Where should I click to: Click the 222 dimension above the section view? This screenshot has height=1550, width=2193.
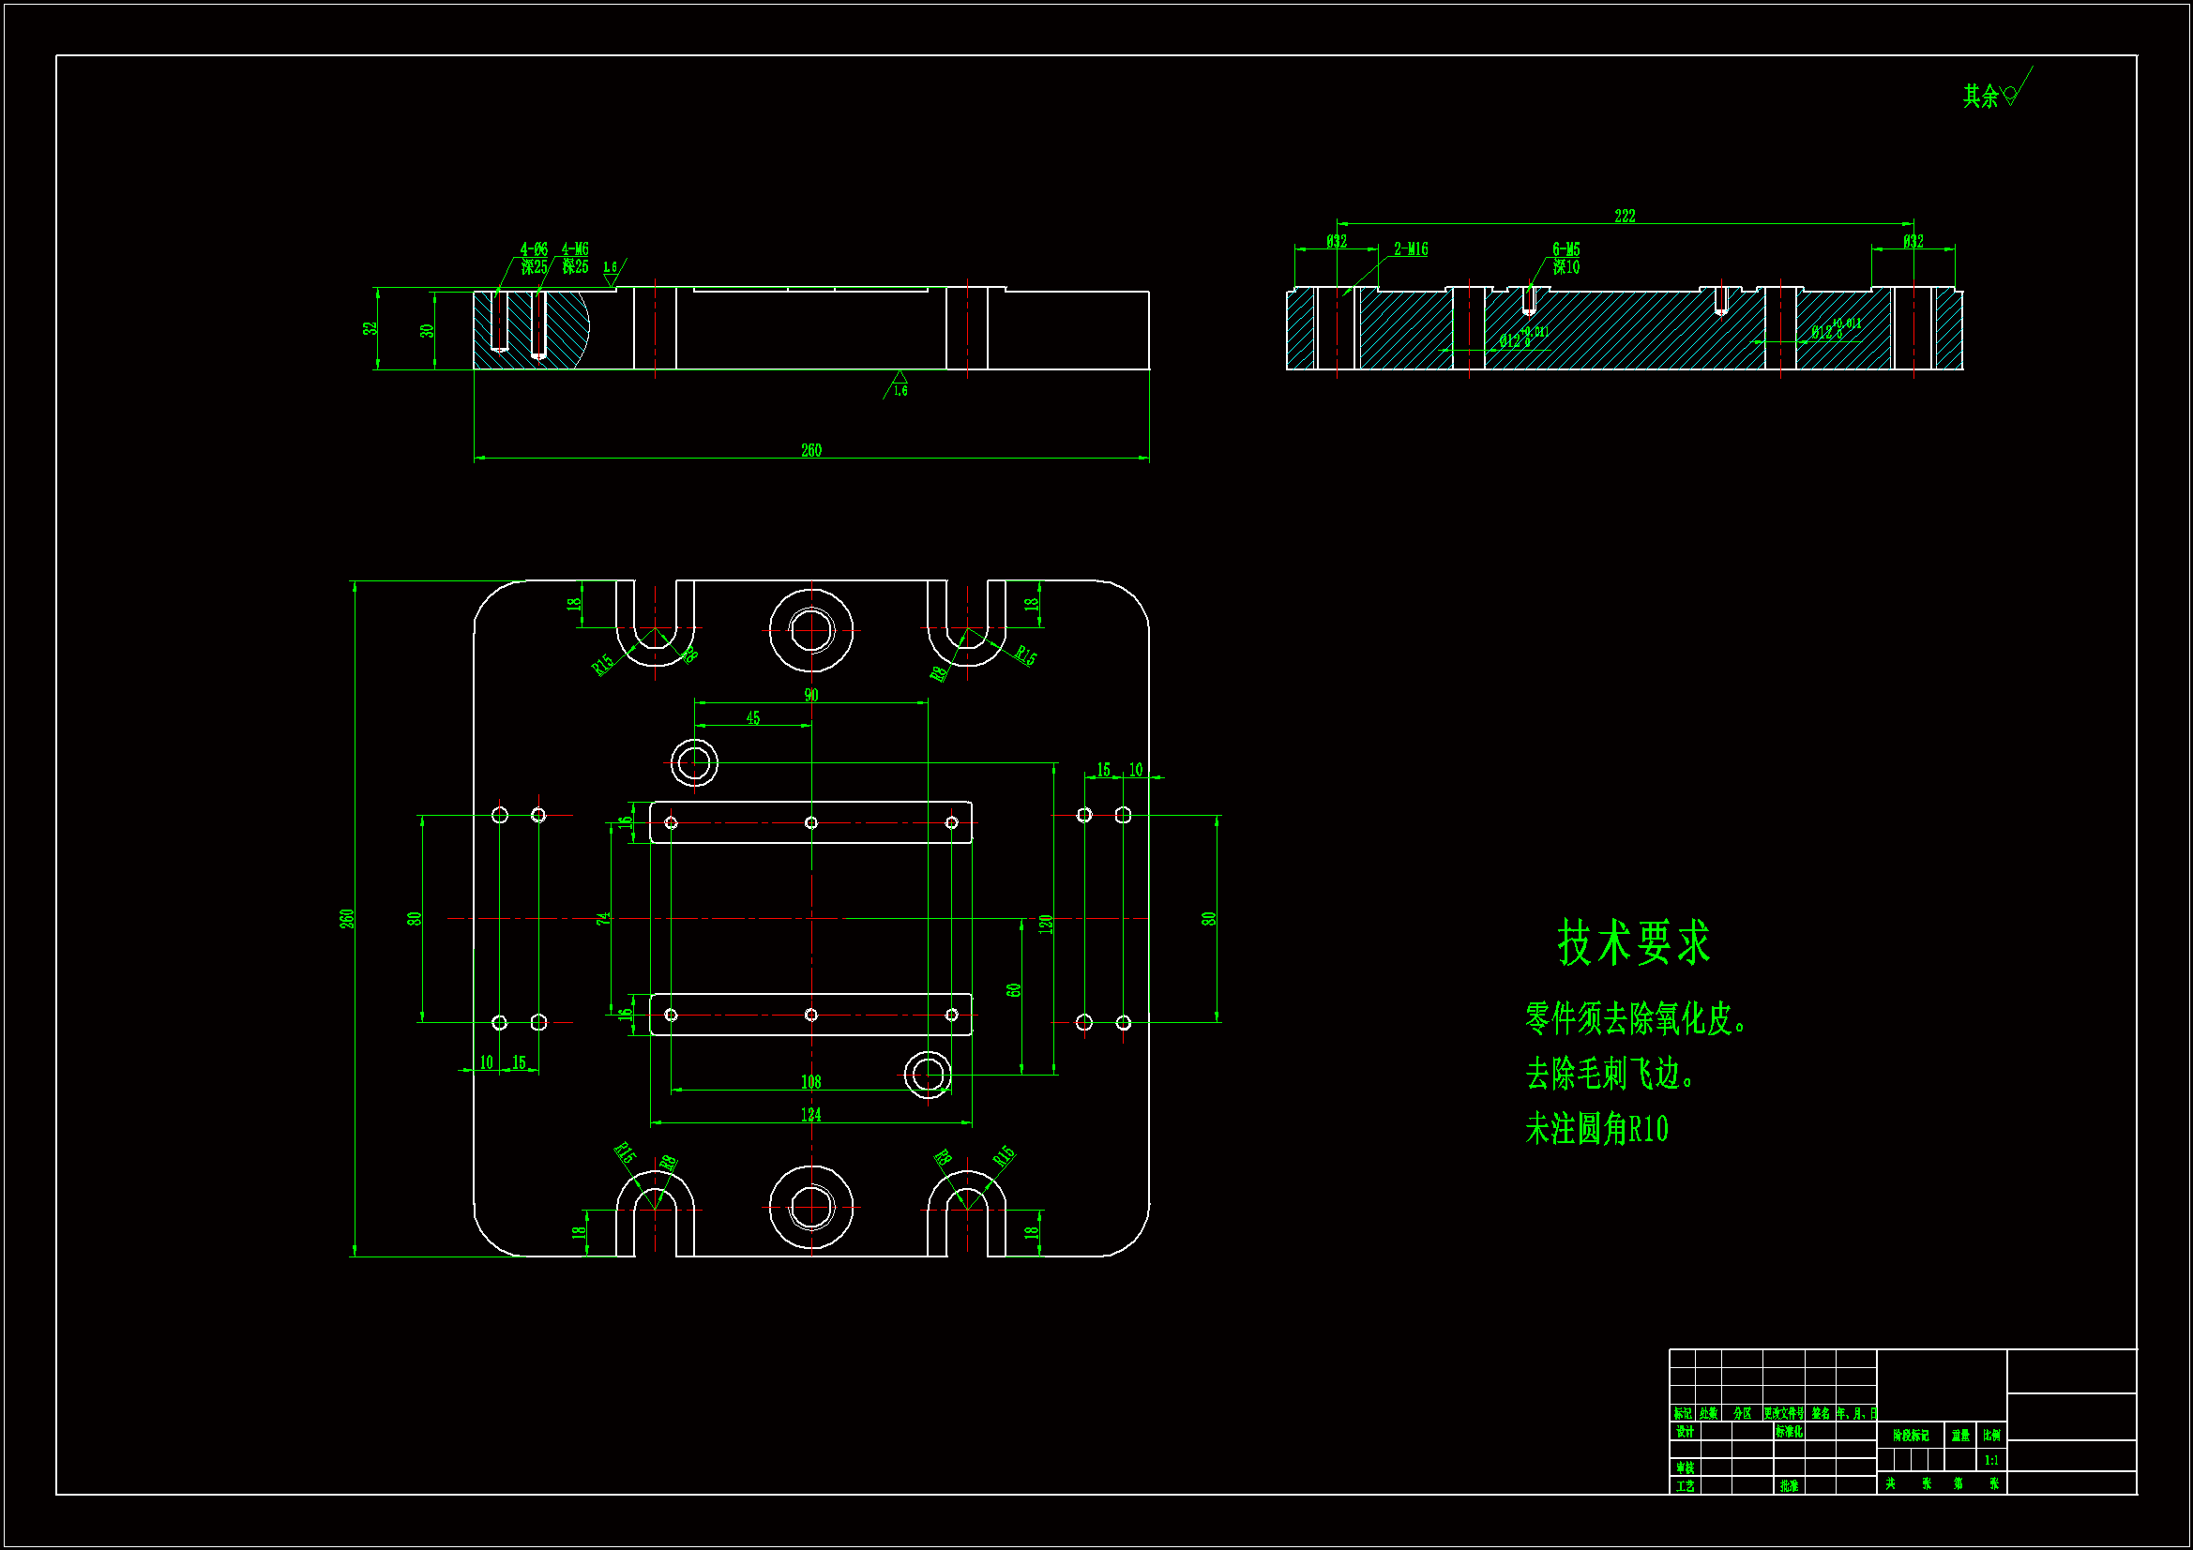point(1624,216)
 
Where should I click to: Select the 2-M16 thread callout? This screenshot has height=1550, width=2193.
point(1410,249)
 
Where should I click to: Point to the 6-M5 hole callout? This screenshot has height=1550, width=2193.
point(1565,250)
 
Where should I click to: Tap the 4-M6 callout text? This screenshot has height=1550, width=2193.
point(575,249)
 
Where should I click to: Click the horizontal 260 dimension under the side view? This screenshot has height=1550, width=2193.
point(811,450)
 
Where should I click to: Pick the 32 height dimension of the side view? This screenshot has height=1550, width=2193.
point(370,328)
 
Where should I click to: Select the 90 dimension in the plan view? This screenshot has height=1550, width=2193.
point(811,695)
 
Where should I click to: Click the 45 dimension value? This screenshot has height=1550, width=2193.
point(752,718)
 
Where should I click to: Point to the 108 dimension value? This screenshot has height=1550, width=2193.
point(811,1082)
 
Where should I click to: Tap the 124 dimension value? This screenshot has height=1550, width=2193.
point(811,1115)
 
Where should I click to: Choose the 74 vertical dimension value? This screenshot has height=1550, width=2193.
point(603,919)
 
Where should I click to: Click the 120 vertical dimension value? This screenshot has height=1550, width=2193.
point(1046,924)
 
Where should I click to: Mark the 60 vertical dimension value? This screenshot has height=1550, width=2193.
point(1013,990)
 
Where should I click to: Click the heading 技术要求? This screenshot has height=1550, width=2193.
point(1633,943)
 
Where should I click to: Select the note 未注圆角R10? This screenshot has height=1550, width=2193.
point(1596,1130)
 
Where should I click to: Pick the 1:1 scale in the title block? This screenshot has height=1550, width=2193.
point(1991,1460)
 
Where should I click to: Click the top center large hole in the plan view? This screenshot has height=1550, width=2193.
point(811,630)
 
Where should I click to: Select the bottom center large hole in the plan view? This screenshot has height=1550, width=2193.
point(811,1207)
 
